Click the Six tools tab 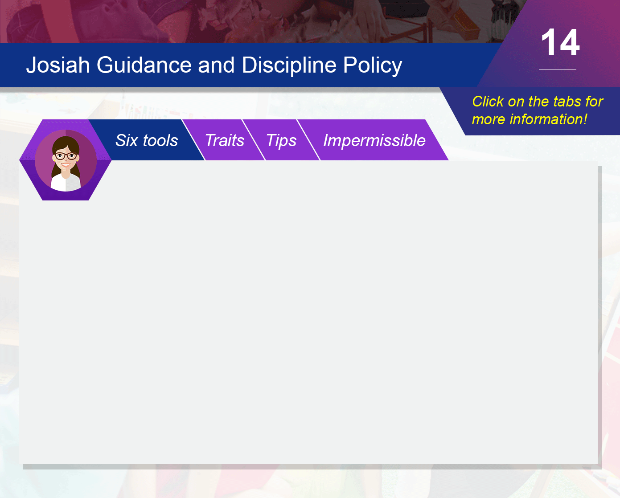147,140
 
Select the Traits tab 225,140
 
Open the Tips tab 281,140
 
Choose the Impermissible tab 374,140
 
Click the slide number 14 560,43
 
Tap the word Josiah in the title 58,65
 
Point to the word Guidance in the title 144,65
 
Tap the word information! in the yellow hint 548,119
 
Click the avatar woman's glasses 66,156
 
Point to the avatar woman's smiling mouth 66,165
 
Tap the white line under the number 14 558,69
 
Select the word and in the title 216,65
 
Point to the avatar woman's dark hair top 66,142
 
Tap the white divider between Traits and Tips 254,140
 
